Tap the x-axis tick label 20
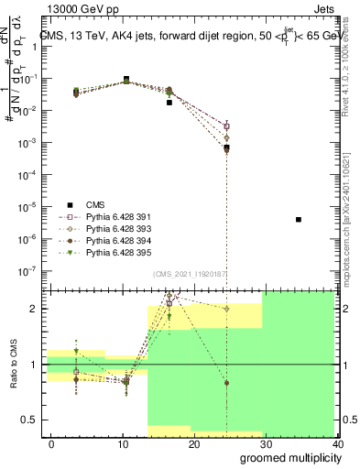pos(194,444)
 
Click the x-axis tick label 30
pos(266,444)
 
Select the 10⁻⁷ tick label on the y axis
pos(33,270)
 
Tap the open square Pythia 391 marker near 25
pos(226,126)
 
